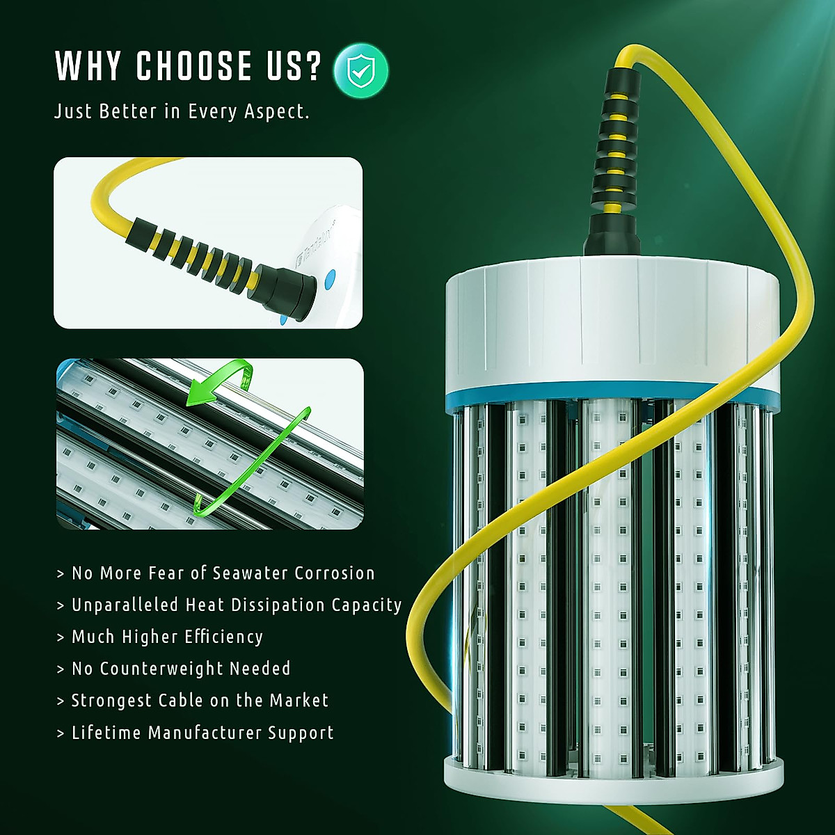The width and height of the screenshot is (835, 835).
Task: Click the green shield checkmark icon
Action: coord(360,70)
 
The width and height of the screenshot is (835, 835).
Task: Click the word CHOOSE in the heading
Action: coord(194,66)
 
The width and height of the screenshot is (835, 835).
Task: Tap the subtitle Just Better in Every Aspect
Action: coord(182,111)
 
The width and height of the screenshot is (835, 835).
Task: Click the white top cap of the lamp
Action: coord(612,320)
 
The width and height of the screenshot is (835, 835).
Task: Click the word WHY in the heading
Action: coord(88,66)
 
